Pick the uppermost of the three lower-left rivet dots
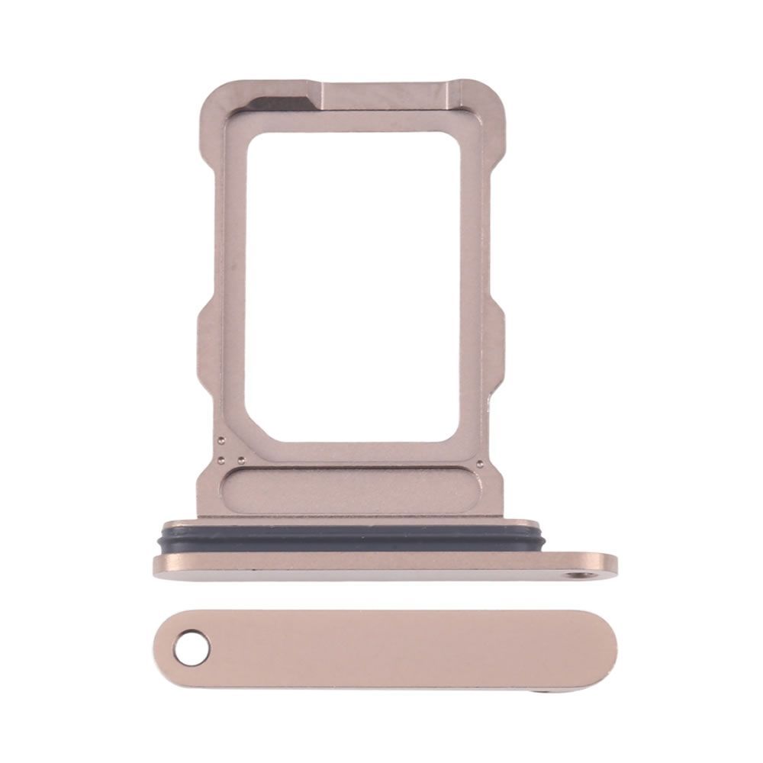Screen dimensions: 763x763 [220, 440]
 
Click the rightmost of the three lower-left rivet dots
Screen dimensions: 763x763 [240, 459]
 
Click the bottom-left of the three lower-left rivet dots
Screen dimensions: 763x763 [220, 459]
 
